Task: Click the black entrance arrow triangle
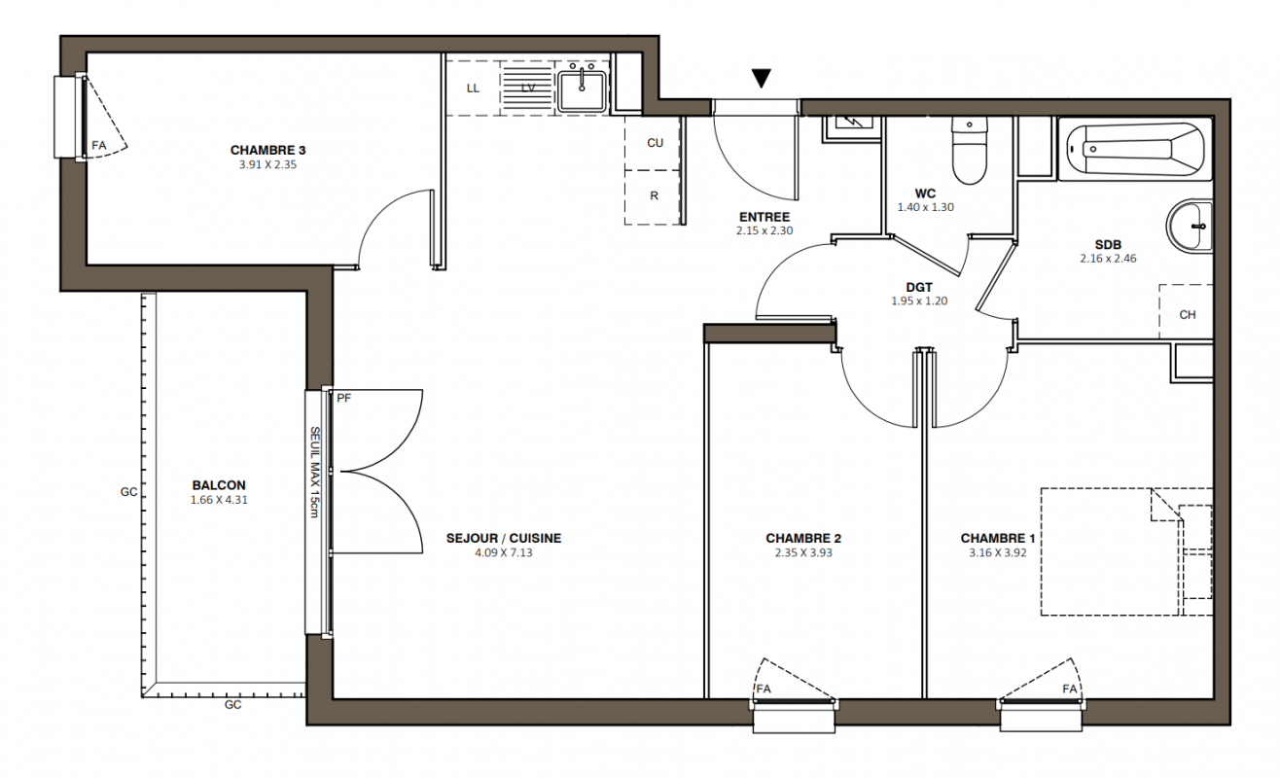point(762,78)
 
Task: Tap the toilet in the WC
point(969,150)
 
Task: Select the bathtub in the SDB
point(1135,150)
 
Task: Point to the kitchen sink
point(582,91)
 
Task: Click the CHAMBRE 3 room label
point(268,150)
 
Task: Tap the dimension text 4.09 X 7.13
point(504,553)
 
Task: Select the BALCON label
point(219,485)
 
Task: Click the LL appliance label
point(473,88)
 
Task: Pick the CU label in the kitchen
point(655,143)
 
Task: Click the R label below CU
point(655,195)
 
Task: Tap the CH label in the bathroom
point(1188,315)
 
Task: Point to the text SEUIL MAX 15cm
point(314,472)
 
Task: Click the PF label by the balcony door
point(344,398)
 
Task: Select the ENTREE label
point(764,217)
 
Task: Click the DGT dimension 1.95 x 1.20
point(919,301)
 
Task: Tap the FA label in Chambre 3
point(99,146)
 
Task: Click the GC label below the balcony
point(232,705)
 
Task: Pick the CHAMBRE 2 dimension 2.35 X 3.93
point(803,553)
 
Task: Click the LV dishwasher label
point(527,88)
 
